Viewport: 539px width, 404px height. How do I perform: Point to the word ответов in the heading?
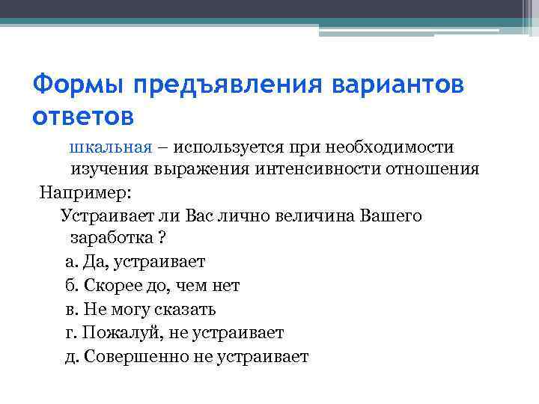click(x=84, y=117)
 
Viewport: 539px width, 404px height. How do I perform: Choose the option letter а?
click(x=70, y=262)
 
